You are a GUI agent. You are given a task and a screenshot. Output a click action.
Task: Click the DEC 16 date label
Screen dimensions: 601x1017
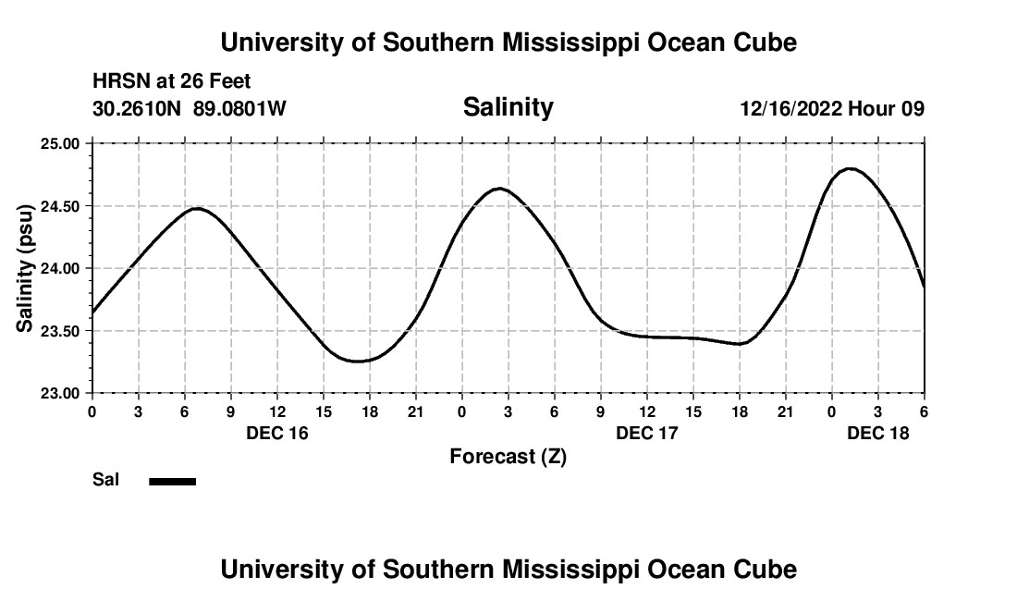[277, 433]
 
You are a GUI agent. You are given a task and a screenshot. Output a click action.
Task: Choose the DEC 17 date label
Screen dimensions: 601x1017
[647, 433]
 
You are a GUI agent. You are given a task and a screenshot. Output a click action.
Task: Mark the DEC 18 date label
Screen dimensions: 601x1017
[878, 433]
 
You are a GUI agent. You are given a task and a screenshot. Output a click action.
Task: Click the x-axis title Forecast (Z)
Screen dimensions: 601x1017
[508, 457]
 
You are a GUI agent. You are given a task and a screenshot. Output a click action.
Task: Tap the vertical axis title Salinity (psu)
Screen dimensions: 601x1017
[25, 268]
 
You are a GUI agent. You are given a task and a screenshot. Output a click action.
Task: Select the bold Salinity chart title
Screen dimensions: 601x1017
[508, 107]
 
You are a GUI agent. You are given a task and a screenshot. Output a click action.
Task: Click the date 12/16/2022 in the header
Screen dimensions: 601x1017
[790, 109]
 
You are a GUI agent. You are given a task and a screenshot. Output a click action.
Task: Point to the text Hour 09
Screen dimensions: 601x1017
[887, 109]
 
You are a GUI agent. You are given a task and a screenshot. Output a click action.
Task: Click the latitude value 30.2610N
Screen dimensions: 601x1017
[139, 109]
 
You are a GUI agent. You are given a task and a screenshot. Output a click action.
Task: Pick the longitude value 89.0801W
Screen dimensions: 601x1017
[239, 109]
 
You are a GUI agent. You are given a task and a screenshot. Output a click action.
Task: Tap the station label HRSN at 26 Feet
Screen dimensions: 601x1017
[171, 82]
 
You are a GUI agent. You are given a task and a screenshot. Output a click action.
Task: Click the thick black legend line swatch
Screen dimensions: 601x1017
[173, 481]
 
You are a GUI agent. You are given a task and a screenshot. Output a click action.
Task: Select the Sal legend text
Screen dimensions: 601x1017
[105, 480]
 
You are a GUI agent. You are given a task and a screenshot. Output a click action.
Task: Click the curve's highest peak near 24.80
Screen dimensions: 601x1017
[851, 169]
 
